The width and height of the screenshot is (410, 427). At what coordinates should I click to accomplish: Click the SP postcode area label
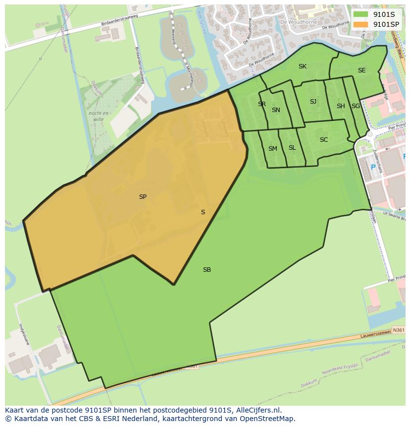click(143, 197)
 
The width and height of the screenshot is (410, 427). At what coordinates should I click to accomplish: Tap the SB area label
click(207, 270)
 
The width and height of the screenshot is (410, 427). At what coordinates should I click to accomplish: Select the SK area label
click(303, 66)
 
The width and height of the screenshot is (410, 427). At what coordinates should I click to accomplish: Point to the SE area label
click(362, 70)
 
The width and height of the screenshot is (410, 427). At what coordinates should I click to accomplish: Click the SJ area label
click(313, 102)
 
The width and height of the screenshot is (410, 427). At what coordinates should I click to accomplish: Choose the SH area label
click(341, 106)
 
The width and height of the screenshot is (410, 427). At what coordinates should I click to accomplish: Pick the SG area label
click(356, 106)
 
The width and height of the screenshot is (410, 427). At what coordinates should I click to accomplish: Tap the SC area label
click(324, 140)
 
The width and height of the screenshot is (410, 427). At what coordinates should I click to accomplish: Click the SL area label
click(292, 148)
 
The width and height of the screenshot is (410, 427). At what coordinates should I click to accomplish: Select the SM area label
click(273, 149)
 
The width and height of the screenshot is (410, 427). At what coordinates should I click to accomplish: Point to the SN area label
click(276, 110)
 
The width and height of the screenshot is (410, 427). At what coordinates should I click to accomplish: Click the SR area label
click(262, 104)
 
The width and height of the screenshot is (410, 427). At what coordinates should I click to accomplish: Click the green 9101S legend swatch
click(361, 14)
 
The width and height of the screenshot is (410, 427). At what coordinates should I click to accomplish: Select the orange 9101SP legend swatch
click(361, 24)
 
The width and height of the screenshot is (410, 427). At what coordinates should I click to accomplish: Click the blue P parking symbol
click(373, 167)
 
